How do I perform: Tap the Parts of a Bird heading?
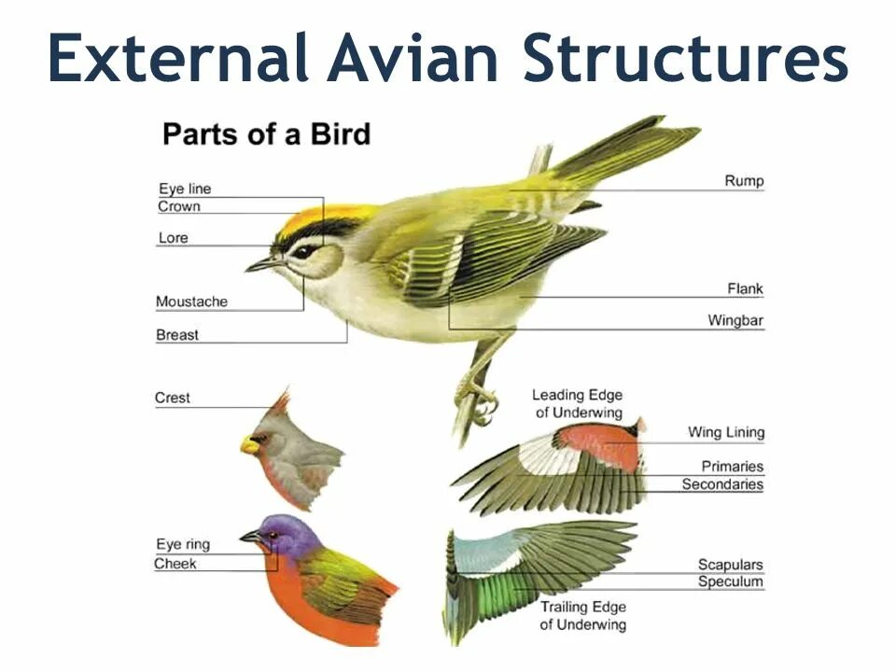coord(266,134)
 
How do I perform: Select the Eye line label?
coord(185,189)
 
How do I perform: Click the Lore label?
coord(173,238)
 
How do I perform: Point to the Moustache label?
coord(191,301)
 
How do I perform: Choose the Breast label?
coord(177,334)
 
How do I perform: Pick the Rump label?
coord(744,181)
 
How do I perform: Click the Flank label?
coord(745,288)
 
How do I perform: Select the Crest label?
coord(173,399)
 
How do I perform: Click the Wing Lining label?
coord(726,432)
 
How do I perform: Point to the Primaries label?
coord(733,466)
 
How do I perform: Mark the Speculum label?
coord(731,581)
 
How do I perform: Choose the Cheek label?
coord(175,564)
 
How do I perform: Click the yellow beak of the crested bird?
coord(249,445)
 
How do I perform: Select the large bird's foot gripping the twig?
coord(479,399)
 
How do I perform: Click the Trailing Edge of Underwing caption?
coord(583,616)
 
